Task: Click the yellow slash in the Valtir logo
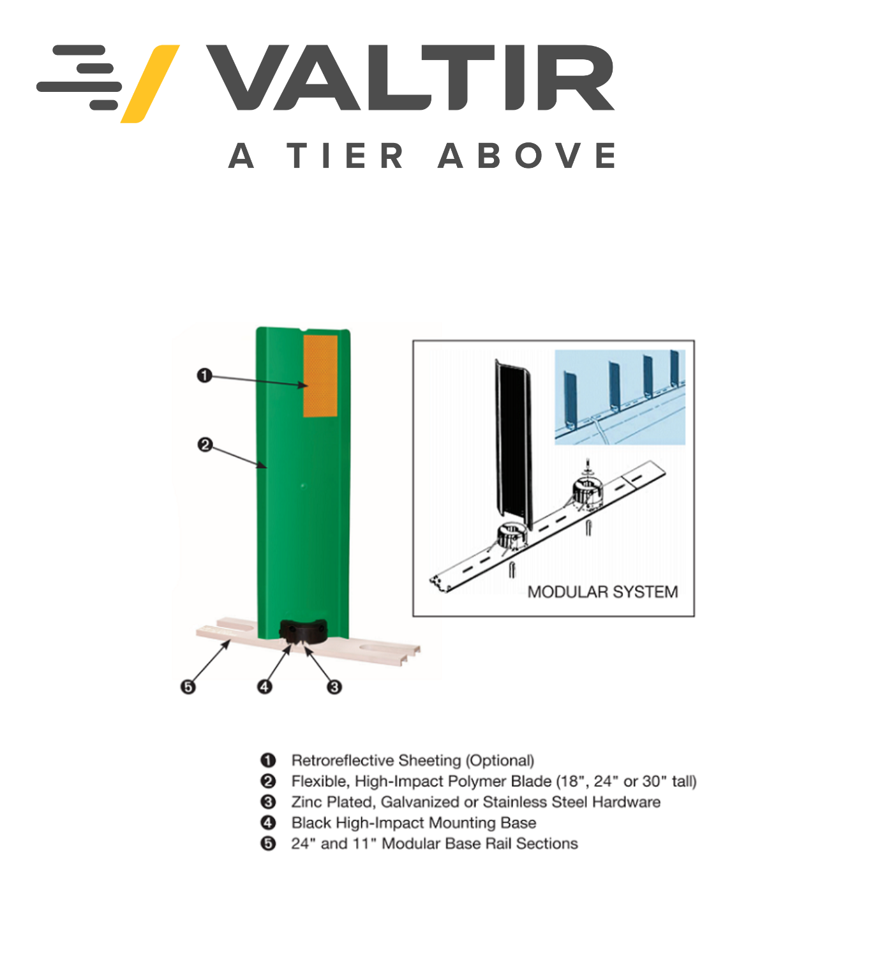tap(150, 84)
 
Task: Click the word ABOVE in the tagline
tap(527, 155)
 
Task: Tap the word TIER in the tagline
tap(345, 155)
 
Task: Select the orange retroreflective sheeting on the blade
tap(320, 376)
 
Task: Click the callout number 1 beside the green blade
tap(204, 375)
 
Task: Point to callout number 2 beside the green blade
tap(205, 445)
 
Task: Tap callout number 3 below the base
tap(334, 687)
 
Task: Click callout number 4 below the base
tap(265, 687)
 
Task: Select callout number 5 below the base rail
tap(188, 687)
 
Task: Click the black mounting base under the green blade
tap(303, 631)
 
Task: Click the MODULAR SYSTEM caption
tap(602, 592)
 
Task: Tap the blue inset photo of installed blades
tap(620, 398)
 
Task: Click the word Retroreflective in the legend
tap(343, 760)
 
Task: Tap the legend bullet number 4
tap(268, 823)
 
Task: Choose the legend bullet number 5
tap(268, 844)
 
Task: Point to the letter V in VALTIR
tap(248, 77)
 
